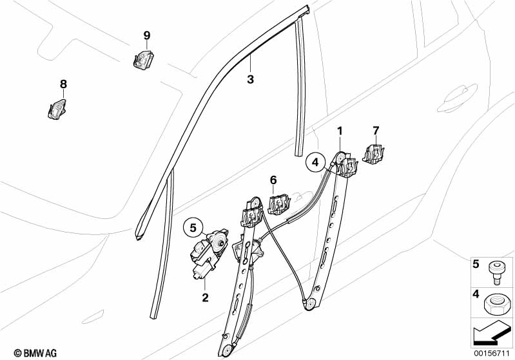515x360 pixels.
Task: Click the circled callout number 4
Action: coord(315,163)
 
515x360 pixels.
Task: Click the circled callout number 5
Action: coord(191,227)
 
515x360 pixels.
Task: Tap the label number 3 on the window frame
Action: coord(250,80)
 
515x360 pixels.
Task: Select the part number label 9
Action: coord(146,34)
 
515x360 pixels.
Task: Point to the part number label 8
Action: coord(63,84)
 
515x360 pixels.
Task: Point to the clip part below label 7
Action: coord(373,155)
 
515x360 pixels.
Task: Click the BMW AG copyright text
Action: coord(24,352)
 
